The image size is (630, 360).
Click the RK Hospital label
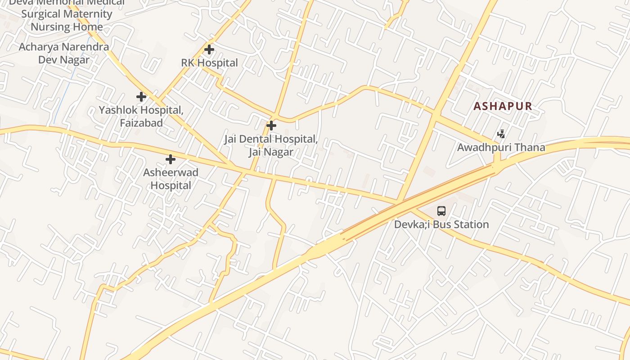coord(209,63)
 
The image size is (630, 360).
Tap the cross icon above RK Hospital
coord(209,49)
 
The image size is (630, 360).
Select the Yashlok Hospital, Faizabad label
coord(141,116)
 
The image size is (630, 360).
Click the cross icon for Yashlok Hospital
coord(141,96)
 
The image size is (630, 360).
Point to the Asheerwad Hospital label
coord(171,179)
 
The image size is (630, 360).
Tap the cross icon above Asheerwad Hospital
coord(170,159)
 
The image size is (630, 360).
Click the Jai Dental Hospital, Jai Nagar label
coord(271,145)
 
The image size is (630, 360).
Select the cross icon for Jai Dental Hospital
coord(271,126)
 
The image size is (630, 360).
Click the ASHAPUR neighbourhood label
coord(503,107)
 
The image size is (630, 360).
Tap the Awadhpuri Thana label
coord(501,147)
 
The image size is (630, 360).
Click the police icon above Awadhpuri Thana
coord(501,134)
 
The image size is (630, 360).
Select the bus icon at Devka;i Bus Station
coord(441,211)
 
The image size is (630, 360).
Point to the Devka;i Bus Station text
coord(441,224)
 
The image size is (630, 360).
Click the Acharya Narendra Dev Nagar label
coord(63,53)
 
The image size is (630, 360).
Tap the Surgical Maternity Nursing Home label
coord(67,20)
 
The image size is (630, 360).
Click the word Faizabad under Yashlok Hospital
coord(141,122)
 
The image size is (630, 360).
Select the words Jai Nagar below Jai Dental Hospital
coord(271,152)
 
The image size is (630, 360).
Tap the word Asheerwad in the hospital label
coord(171,172)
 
